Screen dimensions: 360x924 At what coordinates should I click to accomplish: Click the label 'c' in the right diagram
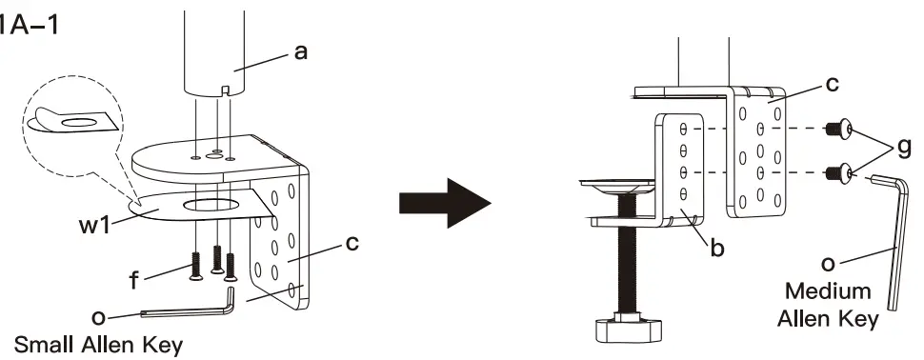[832, 84]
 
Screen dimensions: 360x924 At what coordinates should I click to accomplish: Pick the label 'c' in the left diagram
[353, 246]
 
